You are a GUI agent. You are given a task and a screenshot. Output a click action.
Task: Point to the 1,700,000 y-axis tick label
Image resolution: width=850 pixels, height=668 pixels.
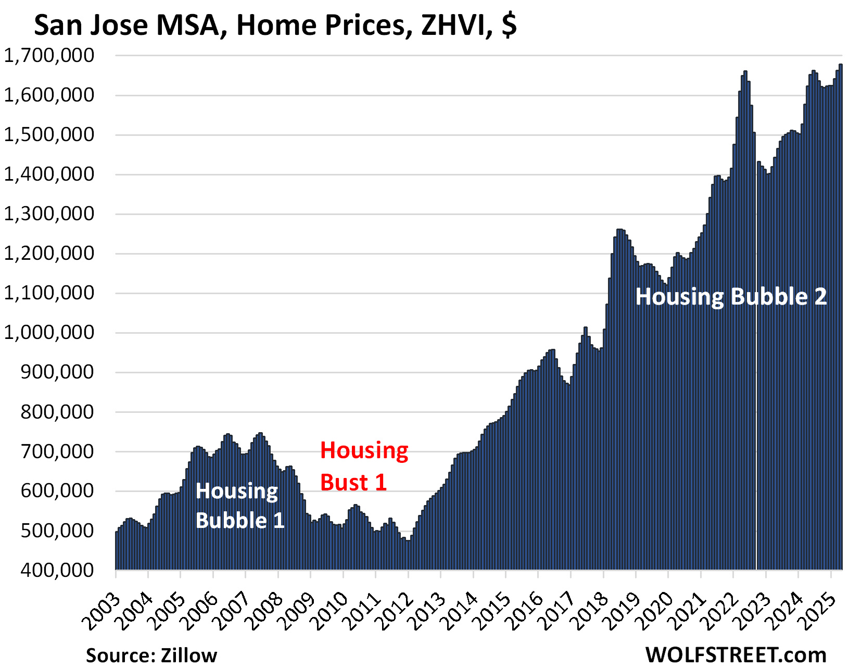[49, 55]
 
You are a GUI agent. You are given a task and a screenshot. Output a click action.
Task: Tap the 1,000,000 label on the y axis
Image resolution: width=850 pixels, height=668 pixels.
[49, 333]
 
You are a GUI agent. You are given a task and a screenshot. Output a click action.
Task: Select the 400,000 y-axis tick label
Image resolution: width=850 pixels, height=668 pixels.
[57, 570]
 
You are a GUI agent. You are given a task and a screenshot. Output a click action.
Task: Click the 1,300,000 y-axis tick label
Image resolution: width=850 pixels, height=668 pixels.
[49, 214]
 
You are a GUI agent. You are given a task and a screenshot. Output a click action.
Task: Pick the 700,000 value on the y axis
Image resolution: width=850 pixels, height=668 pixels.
[57, 451]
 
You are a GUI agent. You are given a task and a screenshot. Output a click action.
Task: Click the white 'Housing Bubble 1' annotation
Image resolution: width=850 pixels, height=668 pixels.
[239, 506]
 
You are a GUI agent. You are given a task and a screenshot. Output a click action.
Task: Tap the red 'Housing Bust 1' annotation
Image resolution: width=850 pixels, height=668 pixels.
[364, 467]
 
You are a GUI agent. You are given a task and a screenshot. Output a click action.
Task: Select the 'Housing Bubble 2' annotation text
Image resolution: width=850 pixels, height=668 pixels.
[731, 297]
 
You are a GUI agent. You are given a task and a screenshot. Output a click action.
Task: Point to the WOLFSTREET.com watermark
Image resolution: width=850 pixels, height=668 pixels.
[735, 654]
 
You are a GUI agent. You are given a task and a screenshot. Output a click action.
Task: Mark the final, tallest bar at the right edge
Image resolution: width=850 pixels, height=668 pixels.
[840, 312]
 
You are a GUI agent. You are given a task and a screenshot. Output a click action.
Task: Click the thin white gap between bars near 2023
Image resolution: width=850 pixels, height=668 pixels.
[756, 364]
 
